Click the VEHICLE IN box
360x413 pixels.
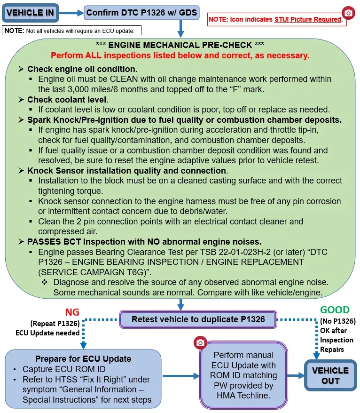pyautogui.click(x=30, y=13)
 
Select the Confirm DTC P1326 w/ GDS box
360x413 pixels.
pyautogui.click(x=141, y=13)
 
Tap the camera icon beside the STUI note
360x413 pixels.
pyautogui.click(x=348, y=13)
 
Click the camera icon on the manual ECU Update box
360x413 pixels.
pyautogui.click(x=200, y=342)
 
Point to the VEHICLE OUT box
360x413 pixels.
pyautogui.click(x=330, y=375)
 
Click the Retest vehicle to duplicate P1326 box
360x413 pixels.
pyautogui.click(x=198, y=319)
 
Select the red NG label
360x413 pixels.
pyautogui.click(x=72, y=312)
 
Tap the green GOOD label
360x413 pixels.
pyautogui.click(x=335, y=310)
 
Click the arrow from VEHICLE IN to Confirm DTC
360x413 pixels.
pyautogui.click(x=71, y=13)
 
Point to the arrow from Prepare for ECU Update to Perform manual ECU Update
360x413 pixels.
pyautogui.click(x=181, y=376)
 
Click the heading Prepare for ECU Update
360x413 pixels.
pyautogui.click(x=83, y=359)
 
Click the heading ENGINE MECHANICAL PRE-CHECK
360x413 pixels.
pyautogui.click(x=180, y=45)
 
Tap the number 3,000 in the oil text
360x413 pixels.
pyautogui.click(x=78, y=89)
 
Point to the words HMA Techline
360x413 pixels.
pyautogui.click(x=243, y=395)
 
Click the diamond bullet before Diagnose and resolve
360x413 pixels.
pyautogui.click(x=45, y=282)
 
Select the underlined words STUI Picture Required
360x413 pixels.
pyautogui.click(x=308, y=19)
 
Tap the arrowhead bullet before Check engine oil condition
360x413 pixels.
pyautogui.click(x=21, y=69)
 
